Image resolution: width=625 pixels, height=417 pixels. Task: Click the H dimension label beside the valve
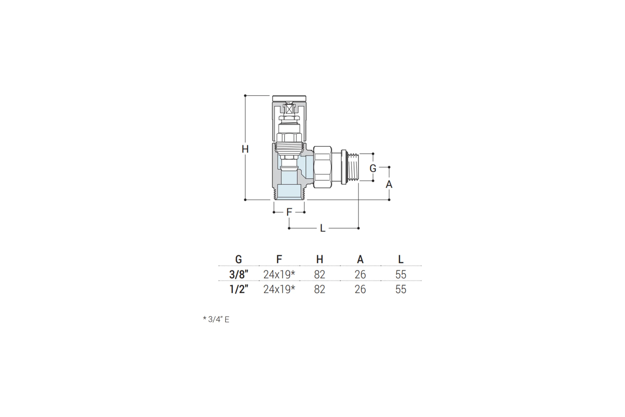pos(245,149)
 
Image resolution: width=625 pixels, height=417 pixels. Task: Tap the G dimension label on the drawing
pos(373,168)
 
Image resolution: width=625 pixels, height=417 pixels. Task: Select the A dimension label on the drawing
pos(389,184)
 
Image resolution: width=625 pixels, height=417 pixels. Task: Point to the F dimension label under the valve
pos(289,212)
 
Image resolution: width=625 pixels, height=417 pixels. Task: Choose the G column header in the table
pos(238,259)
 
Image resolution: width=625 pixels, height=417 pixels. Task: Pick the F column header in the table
pos(279,259)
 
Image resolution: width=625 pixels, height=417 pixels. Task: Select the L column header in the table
pos(401,259)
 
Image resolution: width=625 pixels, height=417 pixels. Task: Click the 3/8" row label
pos(239,274)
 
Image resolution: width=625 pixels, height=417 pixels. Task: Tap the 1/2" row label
pos(239,289)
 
